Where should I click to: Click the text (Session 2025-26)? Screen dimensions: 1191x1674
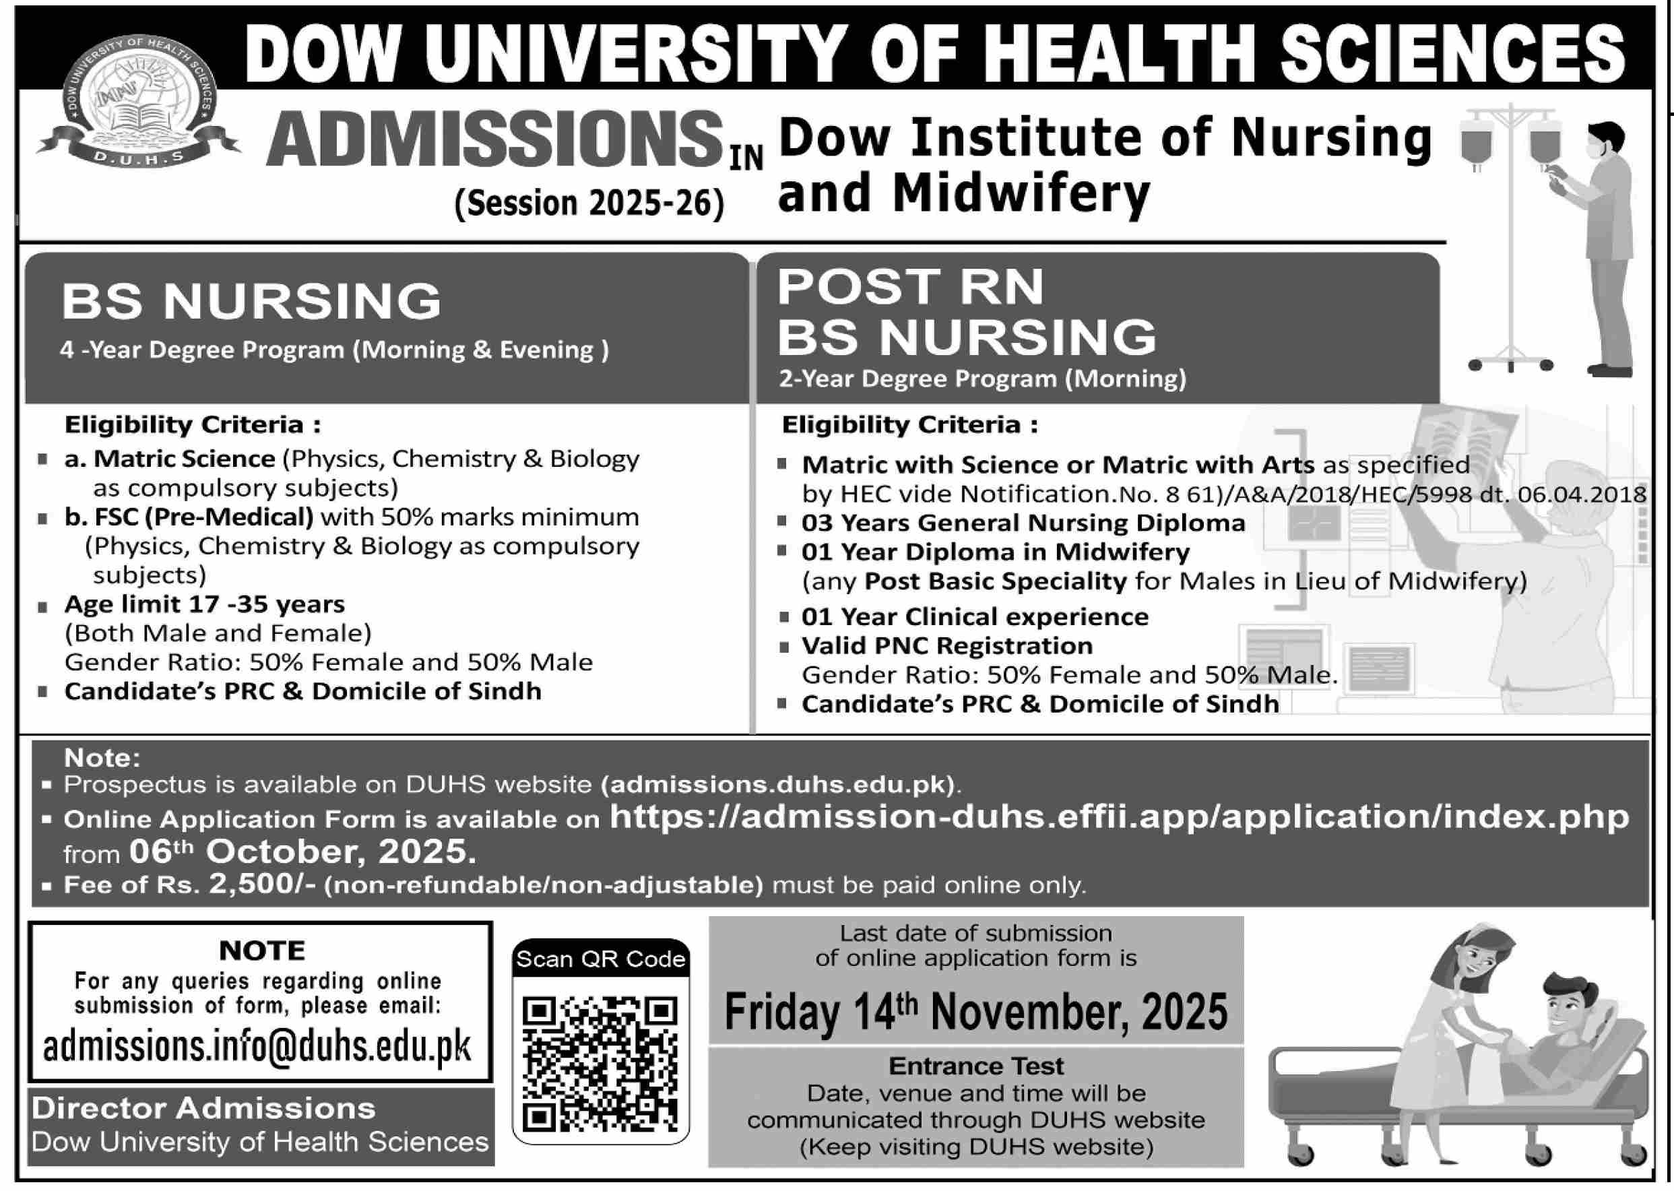(589, 202)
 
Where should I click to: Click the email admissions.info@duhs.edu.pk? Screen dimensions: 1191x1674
(257, 1047)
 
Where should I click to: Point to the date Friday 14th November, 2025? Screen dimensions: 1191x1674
(975, 1012)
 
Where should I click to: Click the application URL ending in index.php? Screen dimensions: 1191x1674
(1119, 816)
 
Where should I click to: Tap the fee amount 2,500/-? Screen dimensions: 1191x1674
(262, 884)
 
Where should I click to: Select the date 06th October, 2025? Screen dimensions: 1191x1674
(302, 851)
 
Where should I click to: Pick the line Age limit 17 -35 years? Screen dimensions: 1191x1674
(205, 604)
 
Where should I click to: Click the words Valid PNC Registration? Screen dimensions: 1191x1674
(946, 645)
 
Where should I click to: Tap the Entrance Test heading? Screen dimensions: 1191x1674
(975, 1066)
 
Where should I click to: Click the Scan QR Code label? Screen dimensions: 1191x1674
(600, 959)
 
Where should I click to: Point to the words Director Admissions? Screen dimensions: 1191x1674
(203, 1108)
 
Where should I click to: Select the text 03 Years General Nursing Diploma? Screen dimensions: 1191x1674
(1023, 523)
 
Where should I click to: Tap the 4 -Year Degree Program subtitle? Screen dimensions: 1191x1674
(333, 350)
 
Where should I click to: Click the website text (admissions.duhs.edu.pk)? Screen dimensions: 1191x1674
(779, 784)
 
